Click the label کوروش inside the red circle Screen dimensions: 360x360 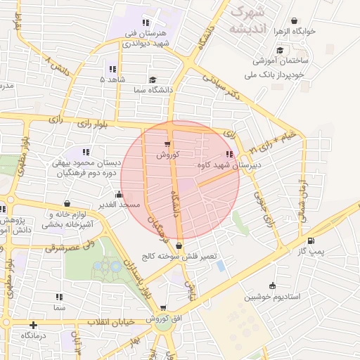click(169, 154)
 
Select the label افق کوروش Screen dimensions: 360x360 click(163, 319)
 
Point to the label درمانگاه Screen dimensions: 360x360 click(34, 336)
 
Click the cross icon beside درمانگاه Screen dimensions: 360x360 click(33, 325)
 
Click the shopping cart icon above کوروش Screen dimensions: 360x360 click(167, 144)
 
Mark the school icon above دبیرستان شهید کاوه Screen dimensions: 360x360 click(229, 154)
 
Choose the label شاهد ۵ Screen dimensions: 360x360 click(112, 79)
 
